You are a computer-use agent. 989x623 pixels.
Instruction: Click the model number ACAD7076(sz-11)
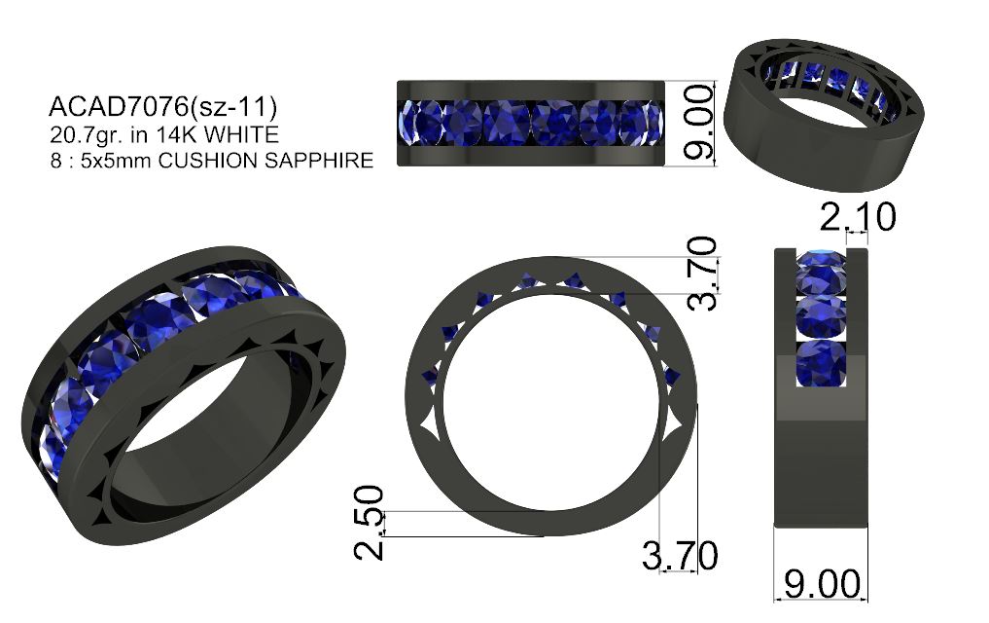tap(162, 107)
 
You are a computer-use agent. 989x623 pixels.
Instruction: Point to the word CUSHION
tap(208, 161)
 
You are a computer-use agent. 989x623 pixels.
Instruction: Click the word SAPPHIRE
tap(319, 161)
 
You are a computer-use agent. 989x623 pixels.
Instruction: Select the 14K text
tap(177, 134)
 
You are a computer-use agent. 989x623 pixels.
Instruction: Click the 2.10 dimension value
tap(857, 217)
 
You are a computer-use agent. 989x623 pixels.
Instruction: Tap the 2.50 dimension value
tap(369, 523)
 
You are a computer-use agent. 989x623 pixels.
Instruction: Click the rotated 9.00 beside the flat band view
tap(698, 122)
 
